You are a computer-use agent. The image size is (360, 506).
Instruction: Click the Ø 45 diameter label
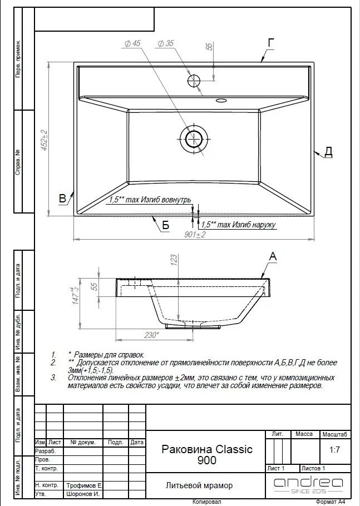coord(132,43)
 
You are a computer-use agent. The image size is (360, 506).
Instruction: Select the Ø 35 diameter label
coord(166,43)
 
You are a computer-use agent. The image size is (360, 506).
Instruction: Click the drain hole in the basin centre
coord(194,139)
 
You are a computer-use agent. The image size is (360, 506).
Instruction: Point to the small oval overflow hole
coord(221,100)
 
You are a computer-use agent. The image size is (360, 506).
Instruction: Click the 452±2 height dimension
coord(44,140)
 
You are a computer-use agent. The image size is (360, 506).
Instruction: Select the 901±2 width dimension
coord(195,234)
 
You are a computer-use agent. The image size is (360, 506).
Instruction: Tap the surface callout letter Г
coord(271,43)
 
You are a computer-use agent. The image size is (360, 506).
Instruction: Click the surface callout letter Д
coord(328,151)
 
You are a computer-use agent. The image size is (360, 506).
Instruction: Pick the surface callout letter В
coord(63,198)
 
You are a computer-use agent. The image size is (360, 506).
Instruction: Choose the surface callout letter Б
coord(165,225)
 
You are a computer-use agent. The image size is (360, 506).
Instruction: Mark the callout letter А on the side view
coord(273,256)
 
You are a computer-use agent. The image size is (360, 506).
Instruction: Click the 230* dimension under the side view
coord(151,335)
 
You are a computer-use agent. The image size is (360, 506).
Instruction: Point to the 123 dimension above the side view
coord(174,260)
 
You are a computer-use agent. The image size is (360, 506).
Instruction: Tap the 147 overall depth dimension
coord(76,296)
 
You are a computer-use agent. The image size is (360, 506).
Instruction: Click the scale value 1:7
coord(334,449)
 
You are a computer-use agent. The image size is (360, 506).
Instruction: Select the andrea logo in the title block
coord(308,485)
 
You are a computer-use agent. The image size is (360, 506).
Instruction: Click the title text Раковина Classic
coord(207,449)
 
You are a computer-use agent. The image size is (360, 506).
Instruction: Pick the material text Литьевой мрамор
coord(199,485)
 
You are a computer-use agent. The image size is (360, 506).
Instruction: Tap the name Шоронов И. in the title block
coord(83,494)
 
